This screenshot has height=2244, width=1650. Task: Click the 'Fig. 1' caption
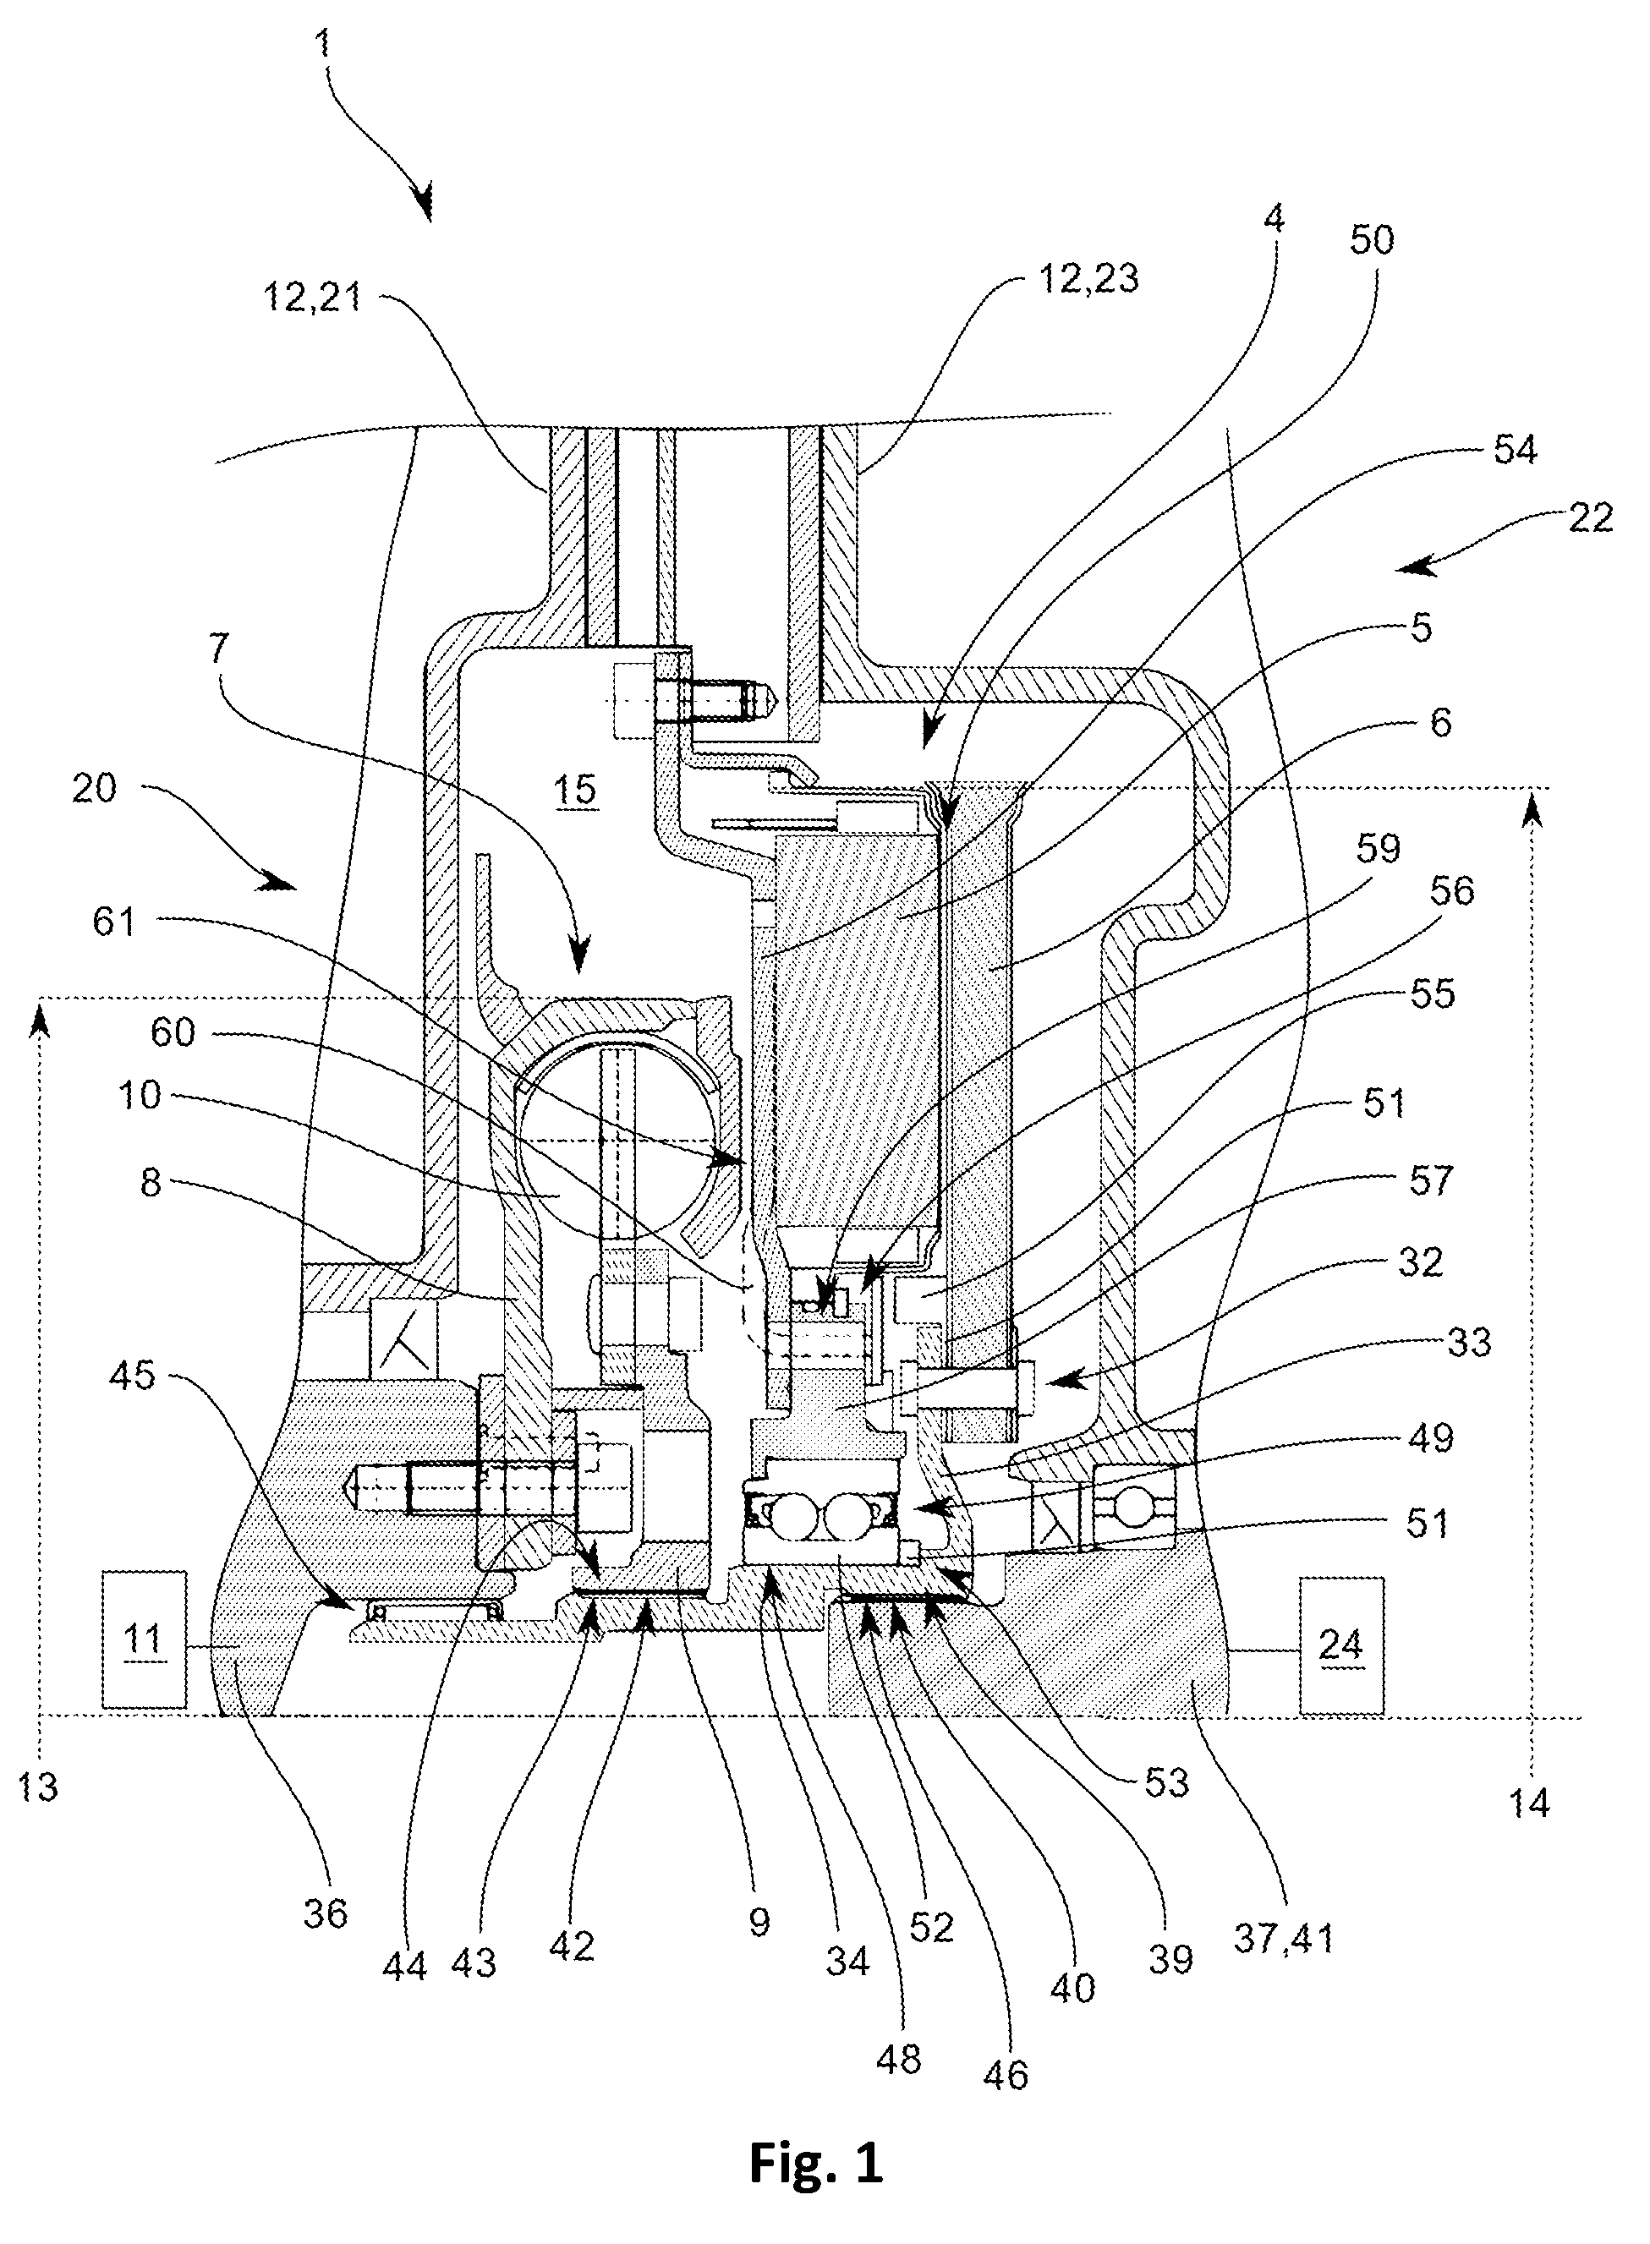point(816,2165)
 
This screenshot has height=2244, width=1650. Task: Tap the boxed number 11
point(142,1639)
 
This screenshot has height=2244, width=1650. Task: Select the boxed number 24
point(1340,1644)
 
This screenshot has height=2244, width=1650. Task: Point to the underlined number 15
point(575,790)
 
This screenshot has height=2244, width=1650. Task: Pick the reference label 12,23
point(1088,279)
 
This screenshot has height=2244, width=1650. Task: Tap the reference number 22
point(1591,518)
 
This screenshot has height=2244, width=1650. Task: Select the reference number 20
point(95,788)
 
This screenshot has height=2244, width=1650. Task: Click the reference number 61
point(114,921)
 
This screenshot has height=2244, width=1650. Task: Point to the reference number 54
point(1516,451)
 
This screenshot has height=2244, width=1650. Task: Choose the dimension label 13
point(38,1787)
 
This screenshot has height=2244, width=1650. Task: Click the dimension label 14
point(1529,1803)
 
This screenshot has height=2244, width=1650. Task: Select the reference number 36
point(326,1913)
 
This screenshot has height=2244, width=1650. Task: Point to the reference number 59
point(1379,849)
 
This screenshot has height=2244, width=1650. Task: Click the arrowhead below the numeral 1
point(424,202)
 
